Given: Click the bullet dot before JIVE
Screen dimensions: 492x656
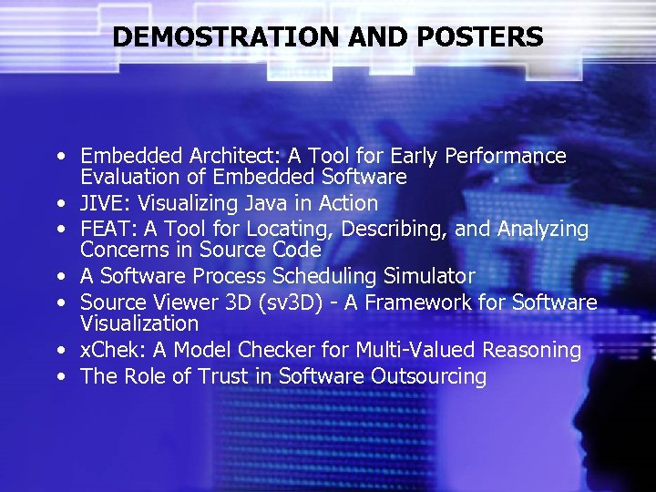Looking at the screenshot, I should click(x=57, y=204).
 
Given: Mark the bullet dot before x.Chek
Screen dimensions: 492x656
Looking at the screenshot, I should click(x=57, y=351).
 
